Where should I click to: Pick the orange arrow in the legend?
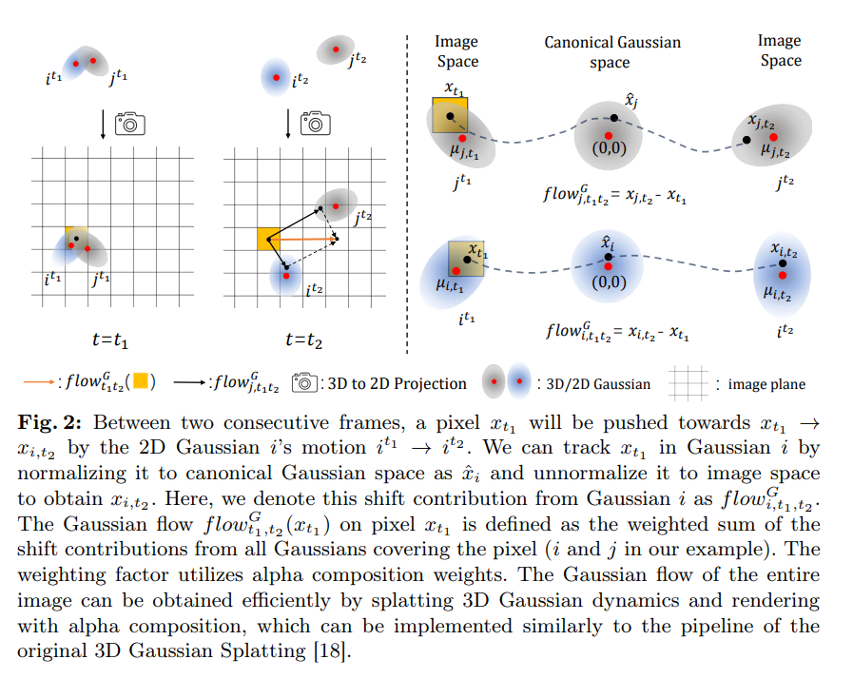point(37,383)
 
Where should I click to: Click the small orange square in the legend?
point(139,383)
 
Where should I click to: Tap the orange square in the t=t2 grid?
point(268,239)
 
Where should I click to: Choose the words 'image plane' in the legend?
point(766,384)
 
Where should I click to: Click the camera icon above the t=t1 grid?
point(128,123)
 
